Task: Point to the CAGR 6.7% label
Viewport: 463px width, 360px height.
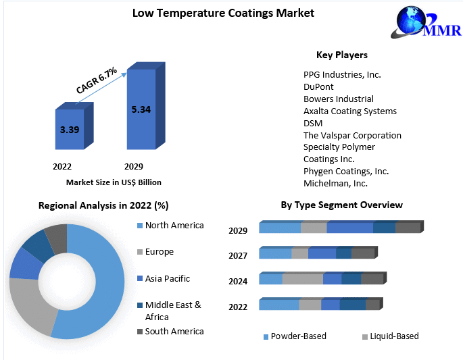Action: tap(96, 80)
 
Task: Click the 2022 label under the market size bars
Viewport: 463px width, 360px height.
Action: tap(62, 166)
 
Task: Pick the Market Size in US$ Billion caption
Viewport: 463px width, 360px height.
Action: tap(114, 182)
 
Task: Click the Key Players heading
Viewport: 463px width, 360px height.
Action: tap(342, 55)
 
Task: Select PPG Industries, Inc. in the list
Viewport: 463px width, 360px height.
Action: tap(342, 74)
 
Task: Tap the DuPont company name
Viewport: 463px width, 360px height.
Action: tap(318, 86)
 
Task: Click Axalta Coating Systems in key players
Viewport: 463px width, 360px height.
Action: tap(350, 111)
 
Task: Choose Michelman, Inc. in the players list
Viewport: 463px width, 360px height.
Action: tap(335, 183)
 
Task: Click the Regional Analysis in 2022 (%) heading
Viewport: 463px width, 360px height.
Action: tap(103, 205)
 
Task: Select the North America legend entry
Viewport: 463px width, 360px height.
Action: tap(174, 226)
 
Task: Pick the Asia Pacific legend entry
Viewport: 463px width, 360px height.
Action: tap(167, 278)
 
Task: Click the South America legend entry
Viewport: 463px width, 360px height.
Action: tap(174, 331)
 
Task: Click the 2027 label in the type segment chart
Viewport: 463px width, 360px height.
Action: tap(238, 255)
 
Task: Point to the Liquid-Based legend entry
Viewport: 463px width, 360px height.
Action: tap(391, 336)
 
